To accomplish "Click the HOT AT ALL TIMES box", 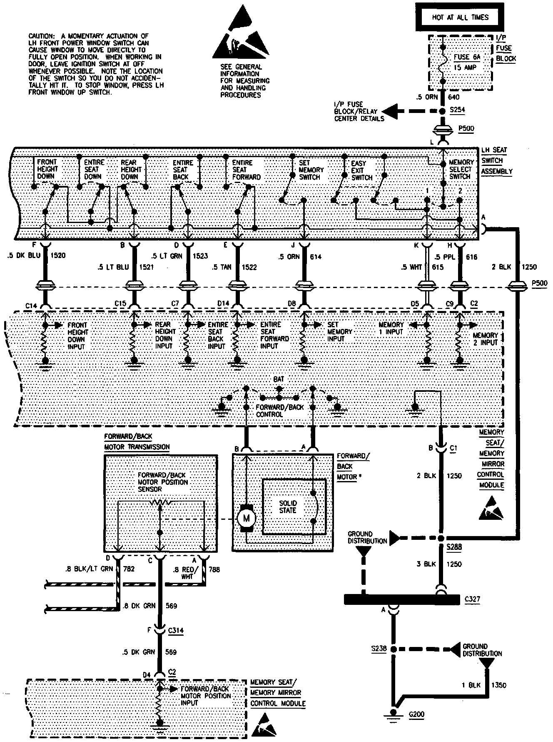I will coord(460,18).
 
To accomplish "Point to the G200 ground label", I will coord(416,714).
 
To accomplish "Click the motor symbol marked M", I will coord(246,518).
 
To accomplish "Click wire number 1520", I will coord(58,256).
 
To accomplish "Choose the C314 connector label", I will coord(175,631).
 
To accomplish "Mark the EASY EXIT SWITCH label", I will coord(361,170).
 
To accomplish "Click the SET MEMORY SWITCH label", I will coord(310,170).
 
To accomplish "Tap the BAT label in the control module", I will coord(279,379).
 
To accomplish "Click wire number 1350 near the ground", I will coord(499,685).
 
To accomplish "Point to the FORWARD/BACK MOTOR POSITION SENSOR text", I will coord(162,482).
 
